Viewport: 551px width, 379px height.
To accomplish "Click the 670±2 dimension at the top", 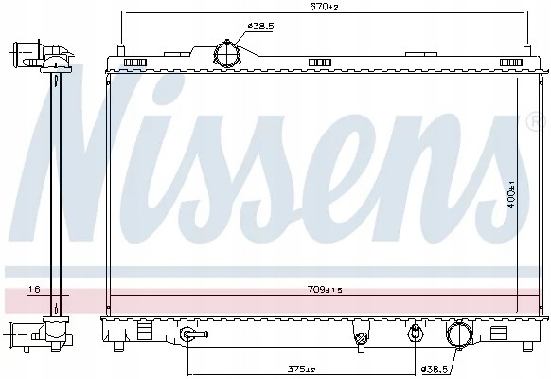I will (x=324, y=8).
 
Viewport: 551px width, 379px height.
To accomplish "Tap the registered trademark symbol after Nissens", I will (x=532, y=122).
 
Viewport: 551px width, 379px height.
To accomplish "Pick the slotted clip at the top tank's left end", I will (x=134, y=63).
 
